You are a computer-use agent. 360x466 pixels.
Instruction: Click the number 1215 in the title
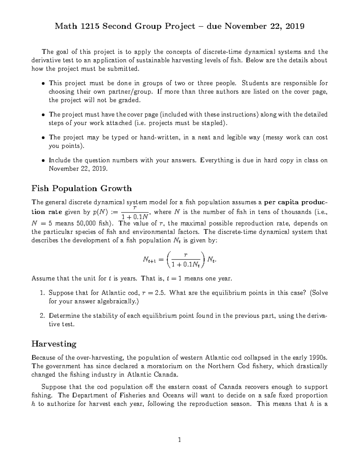pos(90,26)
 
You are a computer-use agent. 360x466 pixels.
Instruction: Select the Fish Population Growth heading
pos(82,188)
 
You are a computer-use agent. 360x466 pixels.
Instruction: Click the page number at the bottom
pos(179,440)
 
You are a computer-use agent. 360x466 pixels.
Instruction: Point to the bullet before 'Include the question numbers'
pos(43,161)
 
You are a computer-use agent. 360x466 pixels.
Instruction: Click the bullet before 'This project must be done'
pos(43,83)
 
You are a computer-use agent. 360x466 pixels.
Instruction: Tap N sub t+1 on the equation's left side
pos(149,260)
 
